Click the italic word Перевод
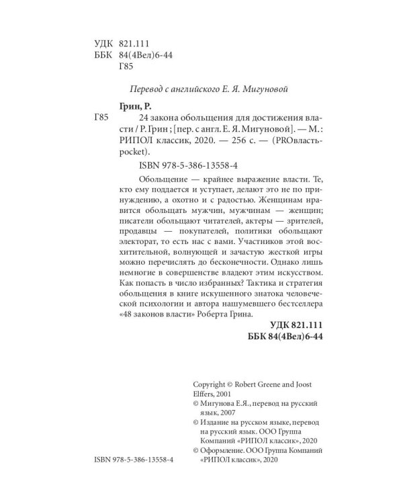(146, 89)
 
